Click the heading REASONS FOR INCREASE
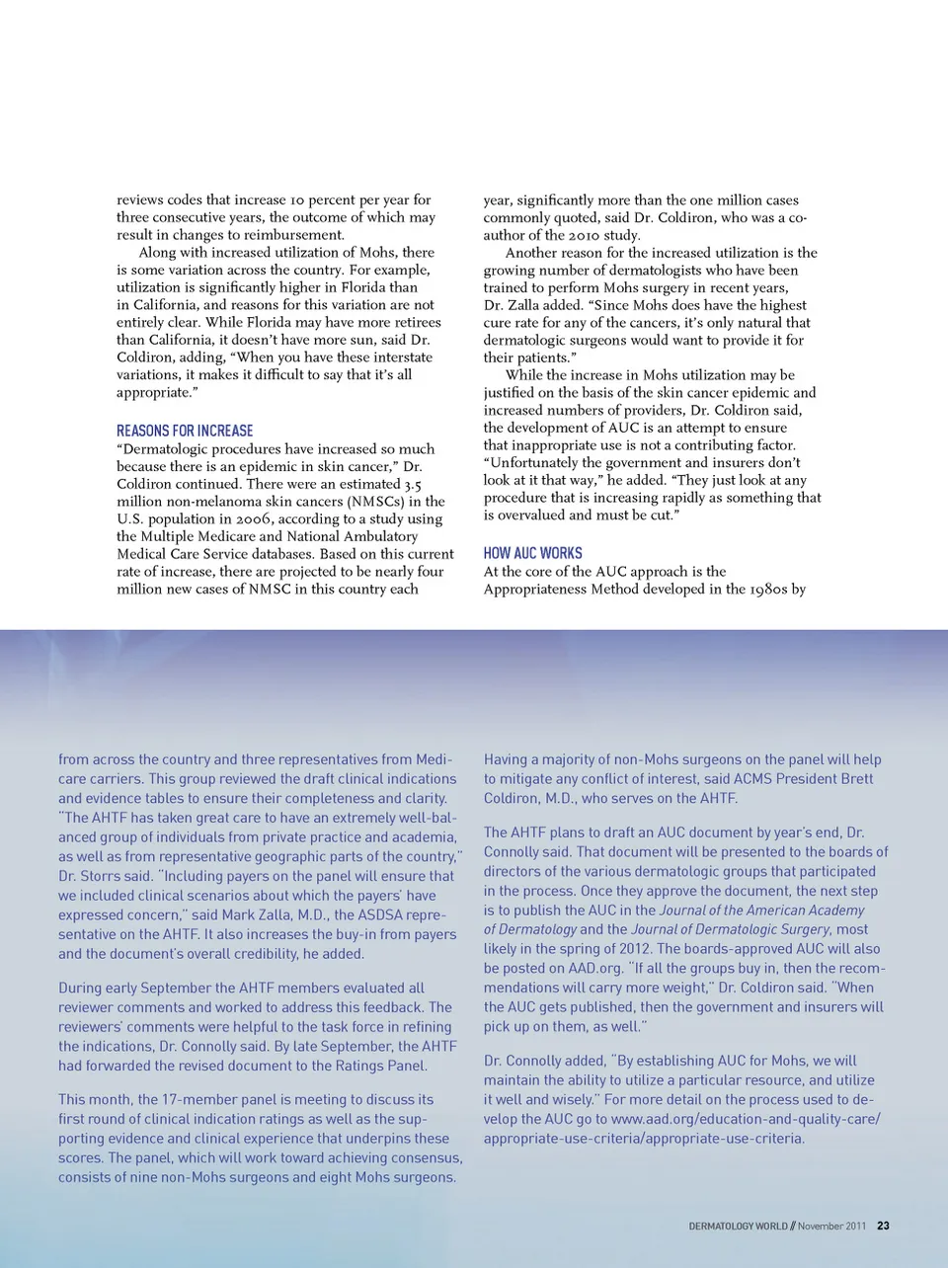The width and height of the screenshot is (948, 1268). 185,431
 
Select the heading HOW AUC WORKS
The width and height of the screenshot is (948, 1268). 532,553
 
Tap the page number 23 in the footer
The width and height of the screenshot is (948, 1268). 883,1226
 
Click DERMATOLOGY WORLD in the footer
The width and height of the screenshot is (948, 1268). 738,1226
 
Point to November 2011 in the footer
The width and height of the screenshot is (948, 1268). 831,1226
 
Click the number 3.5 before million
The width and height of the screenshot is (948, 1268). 413,484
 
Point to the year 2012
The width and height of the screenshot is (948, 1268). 635,948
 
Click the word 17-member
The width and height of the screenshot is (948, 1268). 203,1099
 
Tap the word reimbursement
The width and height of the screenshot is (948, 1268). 296,235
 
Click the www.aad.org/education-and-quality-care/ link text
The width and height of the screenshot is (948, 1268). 746,1119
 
